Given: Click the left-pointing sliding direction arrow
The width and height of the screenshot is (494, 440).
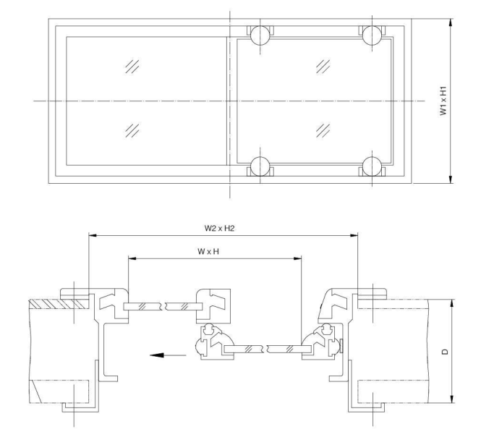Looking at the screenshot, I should pos(160,355).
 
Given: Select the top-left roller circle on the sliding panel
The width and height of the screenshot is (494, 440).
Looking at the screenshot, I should pos(260,34).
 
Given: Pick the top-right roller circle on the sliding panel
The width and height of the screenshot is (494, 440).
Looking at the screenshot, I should pos(372,34).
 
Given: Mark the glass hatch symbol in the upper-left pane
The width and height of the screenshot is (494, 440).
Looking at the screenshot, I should pos(132,67).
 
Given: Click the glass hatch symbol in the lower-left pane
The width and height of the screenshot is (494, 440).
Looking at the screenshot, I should pos(132,130).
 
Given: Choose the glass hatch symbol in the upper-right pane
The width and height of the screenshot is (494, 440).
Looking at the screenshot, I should pos(323,67).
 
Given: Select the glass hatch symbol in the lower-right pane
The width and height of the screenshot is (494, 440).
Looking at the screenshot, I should pos(323,130).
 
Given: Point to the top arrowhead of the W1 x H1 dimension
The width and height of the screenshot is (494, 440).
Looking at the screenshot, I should pos(451,22).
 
